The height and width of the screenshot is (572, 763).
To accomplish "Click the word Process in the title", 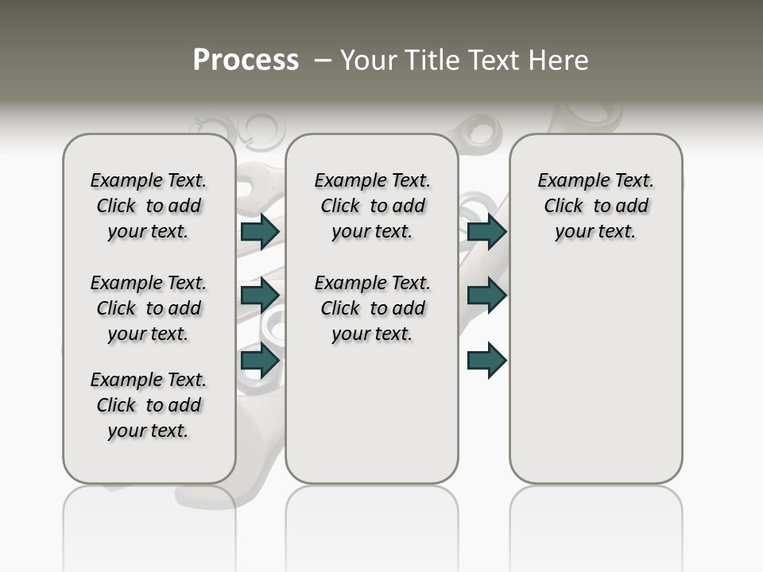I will coord(246,60).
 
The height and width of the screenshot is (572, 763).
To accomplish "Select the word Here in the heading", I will coord(559,60).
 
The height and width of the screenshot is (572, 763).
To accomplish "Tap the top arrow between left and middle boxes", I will coord(259,231).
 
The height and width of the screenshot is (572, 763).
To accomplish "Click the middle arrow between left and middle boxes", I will coord(259,295).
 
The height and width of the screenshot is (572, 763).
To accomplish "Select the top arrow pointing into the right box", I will coord(486,231).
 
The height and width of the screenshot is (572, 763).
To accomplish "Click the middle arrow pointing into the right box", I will coord(486,295).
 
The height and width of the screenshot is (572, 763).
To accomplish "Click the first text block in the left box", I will coord(149,206).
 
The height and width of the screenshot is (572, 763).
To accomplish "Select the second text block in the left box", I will coord(149,308).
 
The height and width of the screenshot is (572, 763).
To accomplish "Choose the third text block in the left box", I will coord(149,405).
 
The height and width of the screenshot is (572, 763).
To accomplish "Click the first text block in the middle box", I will coord(372,206).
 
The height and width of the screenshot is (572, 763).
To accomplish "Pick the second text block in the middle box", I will coord(372,308).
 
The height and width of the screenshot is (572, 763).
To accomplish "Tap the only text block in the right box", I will coord(595,206).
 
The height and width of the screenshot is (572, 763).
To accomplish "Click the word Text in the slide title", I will coord(494,60).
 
